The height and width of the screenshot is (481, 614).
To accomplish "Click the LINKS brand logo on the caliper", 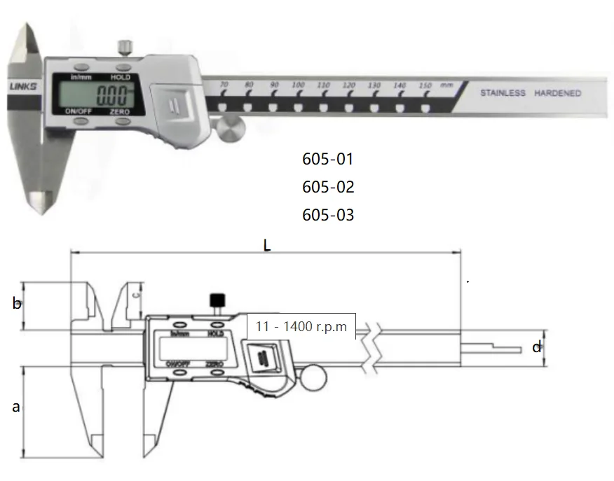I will [x=23, y=88].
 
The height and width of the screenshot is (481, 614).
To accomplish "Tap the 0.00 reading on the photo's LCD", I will [x=112, y=95].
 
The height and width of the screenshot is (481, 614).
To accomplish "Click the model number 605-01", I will [x=328, y=159].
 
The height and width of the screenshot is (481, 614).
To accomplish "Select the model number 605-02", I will [x=328, y=187].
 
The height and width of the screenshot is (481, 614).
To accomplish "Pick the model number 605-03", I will [x=328, y=215].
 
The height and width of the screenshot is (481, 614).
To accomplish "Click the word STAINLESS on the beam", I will [x=503, y=93].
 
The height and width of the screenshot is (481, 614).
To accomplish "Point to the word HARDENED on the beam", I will [x=557, y=93].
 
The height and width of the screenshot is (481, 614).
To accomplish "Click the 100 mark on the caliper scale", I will [x=298, y=85].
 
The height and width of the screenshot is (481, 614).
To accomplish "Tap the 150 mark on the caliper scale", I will [x=425, y=85].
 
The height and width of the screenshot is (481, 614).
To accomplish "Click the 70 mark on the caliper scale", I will [x=224, y=85].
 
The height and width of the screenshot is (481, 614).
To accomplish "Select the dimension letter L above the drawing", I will [x=266, y=245].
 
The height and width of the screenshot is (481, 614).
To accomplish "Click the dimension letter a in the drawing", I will [x=16, y=406].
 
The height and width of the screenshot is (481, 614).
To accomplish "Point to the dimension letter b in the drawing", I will [x=17, y=304].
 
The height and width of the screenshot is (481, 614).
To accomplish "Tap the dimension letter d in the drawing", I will [x=536, y=347].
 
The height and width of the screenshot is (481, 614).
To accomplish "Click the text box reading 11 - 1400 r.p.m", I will [x=301, y=326].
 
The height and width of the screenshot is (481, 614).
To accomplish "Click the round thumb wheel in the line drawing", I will [x=314, y=379].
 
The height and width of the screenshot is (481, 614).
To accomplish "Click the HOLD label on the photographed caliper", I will [x=120, y=77].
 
